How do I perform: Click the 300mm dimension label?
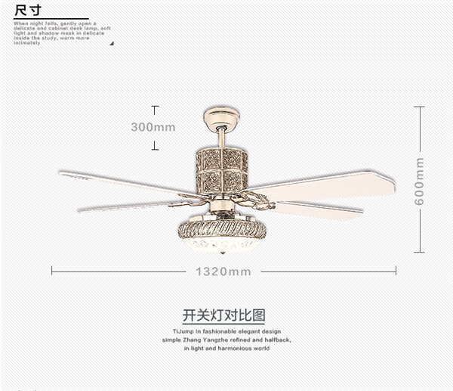[153, 126]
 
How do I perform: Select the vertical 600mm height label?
[419, 182]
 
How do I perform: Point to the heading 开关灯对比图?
[224, 315]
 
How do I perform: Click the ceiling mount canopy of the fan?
[221, 117]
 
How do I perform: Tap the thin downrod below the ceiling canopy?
[221, 138]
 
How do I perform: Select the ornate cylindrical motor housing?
[222, 171]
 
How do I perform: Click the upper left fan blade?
[121, 182]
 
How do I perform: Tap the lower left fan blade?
[128, 204]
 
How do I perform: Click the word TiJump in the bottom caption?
[183, 332]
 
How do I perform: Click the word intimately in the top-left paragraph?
[27, 43]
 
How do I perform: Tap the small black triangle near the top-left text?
[112, 43]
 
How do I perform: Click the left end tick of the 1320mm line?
[51, 271]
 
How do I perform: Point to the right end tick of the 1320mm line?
[396, 271]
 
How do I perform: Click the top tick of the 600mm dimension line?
[419, 107]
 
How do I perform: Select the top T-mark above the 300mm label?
[156, 107]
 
